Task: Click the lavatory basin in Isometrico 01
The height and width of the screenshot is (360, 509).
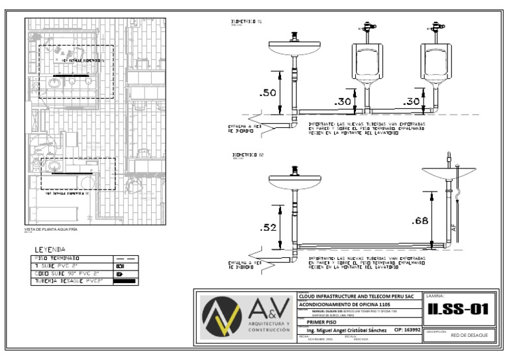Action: [x=294, y=48]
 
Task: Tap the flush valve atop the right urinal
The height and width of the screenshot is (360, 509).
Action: [x=436, y=28]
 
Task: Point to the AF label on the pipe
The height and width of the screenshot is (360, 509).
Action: [x=453, y=227]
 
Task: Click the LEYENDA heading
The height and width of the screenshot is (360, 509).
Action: [x=50, y=250]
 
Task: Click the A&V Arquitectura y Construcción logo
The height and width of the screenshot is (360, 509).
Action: [x=247, y=317]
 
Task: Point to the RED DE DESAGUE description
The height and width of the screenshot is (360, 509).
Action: [x=469, y=335]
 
